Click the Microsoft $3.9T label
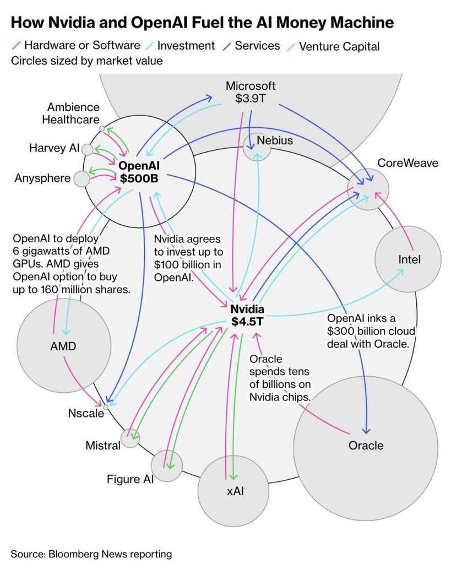[251, 93]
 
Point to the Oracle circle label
[366, 445]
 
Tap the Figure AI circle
[166, 465]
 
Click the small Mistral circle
[131, 438]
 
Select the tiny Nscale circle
[106, 407]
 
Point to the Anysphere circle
[82, 178]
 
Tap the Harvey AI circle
[87, 149]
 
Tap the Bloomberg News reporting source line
[91, 554]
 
